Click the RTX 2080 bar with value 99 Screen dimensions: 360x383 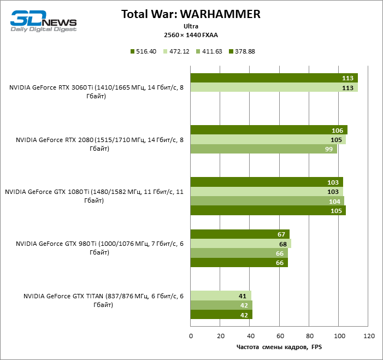[264, 149]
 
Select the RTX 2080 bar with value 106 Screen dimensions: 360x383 [269, 130]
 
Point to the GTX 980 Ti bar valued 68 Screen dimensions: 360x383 [241, 244]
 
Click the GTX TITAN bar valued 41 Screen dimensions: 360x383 [221, 296]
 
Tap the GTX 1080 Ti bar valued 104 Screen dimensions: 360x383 [267, 201]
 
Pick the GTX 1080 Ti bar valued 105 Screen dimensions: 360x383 [268, 211]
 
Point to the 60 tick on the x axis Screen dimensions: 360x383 [280, 335]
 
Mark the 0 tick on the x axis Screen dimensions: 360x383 [191, 335]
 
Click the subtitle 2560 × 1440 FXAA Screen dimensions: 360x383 [191, 34]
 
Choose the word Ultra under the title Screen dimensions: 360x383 [191, 26]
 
